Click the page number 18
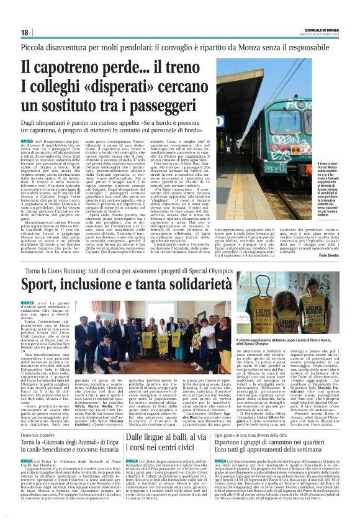[25, 32]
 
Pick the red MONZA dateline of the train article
[27, 141]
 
